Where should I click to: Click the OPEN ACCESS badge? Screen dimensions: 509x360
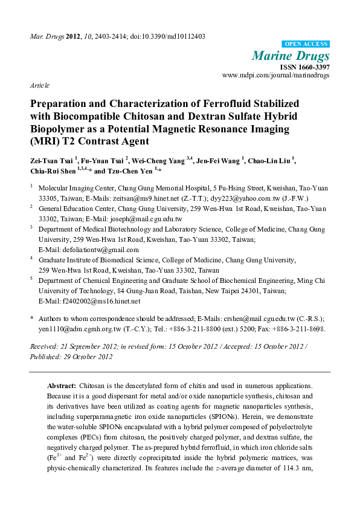[306, 44]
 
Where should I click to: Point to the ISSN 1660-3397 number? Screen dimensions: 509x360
[305, 67]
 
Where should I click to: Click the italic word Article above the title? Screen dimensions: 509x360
[40, 85]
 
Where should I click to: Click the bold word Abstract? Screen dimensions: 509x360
[61, 385]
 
